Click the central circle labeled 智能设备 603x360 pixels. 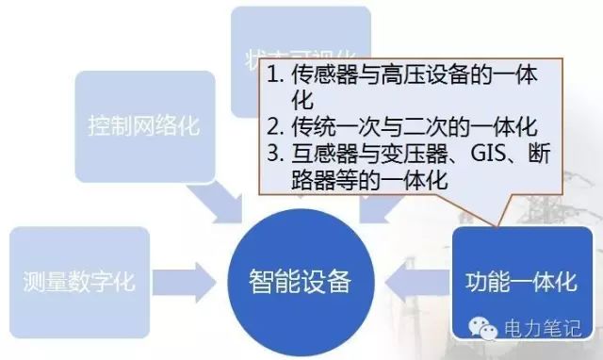301,279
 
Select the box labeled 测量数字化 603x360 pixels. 80,281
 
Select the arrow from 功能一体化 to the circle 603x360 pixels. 413,280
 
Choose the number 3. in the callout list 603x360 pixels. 277,154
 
